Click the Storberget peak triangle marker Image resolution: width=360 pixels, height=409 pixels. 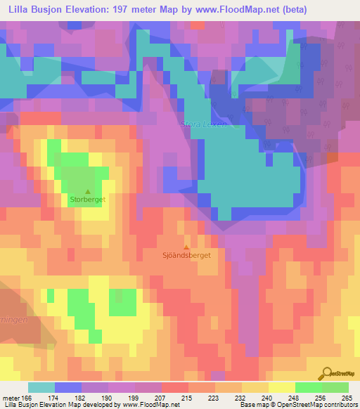tap(88, 191)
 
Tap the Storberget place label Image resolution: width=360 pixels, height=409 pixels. tap(88, 200)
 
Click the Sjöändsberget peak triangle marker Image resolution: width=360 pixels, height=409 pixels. tap(186, 247)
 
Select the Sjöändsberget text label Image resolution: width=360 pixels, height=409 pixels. tap(186, 256)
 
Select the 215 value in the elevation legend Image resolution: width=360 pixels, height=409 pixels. tap(187, 398)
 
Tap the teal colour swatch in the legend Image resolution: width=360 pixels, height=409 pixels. tap(41, 387)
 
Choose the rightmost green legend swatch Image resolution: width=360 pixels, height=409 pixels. tap(335, 387)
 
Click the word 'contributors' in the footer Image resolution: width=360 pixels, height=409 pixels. tap(335, 405)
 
